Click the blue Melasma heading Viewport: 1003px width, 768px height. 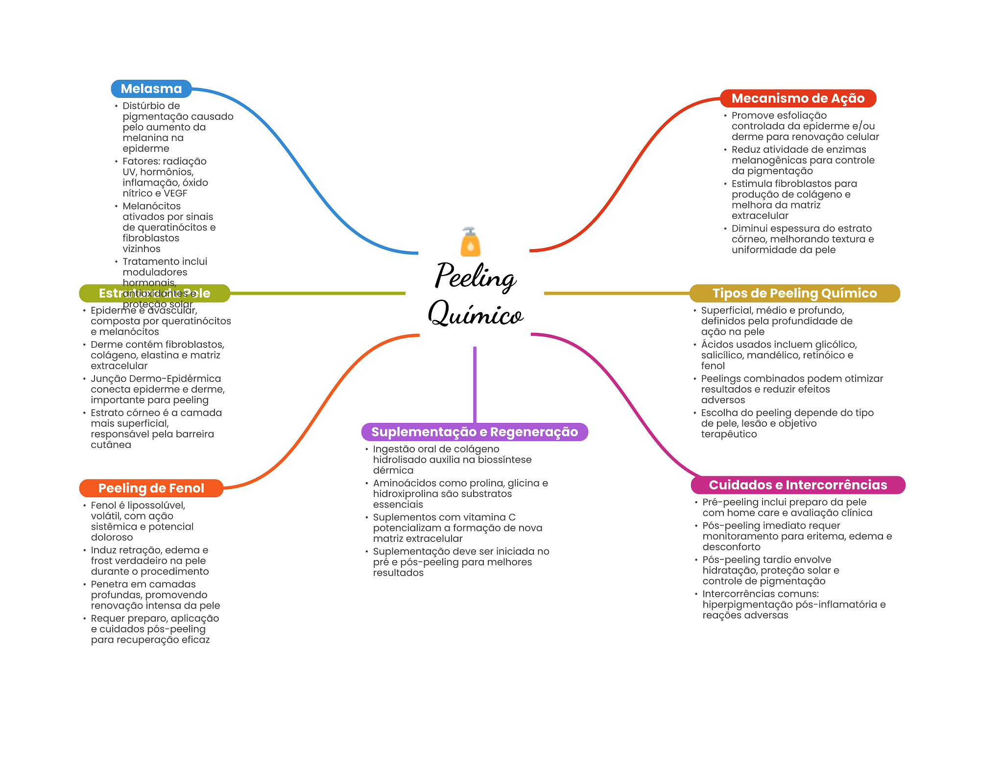(x=151, y=89)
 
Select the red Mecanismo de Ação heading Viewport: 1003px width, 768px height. (x=797, y=98)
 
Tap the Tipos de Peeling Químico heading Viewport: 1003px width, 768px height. (x=794, y=293)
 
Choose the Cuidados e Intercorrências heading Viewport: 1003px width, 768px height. (x=797, y=485)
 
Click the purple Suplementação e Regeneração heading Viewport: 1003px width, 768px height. (x=474, y=432)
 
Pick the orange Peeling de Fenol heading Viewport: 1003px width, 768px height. (x=151, y=488)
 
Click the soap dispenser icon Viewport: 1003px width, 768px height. (x=470, y=242)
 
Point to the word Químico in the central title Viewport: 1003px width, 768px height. (x=475, y=314)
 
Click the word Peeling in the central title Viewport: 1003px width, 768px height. (x=475, y=277)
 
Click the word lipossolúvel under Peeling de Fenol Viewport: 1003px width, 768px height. (x=156, y=505)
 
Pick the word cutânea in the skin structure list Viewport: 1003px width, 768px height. (x=111, y=445)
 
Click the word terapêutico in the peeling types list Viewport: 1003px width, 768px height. (x=729, y=434)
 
